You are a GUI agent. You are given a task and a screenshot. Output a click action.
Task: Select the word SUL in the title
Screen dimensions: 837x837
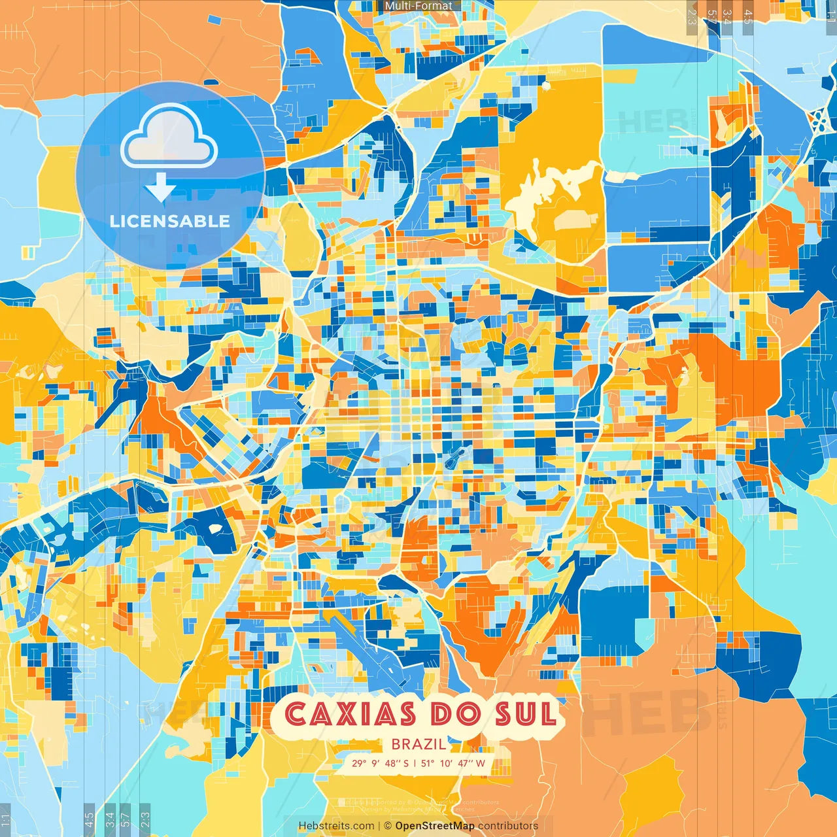point(525,714)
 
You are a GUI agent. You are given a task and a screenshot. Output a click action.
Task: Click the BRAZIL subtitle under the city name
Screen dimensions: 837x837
point(419,744)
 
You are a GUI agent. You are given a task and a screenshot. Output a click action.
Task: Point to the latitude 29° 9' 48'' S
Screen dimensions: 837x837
point(380,763)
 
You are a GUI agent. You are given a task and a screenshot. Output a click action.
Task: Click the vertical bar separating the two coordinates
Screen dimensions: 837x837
point(415,763)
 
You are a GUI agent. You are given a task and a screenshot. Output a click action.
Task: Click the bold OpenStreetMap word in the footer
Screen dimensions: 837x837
point(435,826)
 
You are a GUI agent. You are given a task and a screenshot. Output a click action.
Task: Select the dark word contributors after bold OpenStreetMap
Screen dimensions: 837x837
point(508,826)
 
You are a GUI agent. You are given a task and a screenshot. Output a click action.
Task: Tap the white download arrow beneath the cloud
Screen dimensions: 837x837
point(160,188)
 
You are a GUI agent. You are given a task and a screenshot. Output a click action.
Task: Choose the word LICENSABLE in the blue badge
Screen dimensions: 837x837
point(170,221)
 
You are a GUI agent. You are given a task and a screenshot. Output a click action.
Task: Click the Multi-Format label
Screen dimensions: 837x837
point(418,6)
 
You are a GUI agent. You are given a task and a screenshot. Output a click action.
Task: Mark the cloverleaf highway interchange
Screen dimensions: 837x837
point(817,120)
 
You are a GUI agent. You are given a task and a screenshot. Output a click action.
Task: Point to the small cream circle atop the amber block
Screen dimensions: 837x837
point(545,85)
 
